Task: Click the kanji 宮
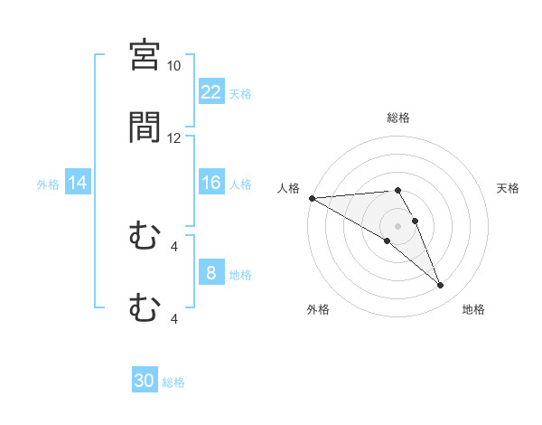pyautogui.click(x=145, y=55)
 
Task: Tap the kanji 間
pyautogui.click(x=145, y=127)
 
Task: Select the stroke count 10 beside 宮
pyautogui.click(x=173, y=66)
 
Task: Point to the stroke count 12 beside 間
pyautogui.click(x=173, y=138)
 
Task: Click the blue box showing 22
pyautogui.click(x=211, y=92)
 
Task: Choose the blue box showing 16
pyautogui.click(x=211, y=183)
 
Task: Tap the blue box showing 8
pyautogui.click(x=211, y=273)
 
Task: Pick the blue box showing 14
pyautogui.click(x=78, y=183)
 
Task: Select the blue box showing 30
pyautogui.click(x=145, y=382)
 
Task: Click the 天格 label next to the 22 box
pyautogui.click(x=240, y=93)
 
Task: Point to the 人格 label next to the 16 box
pyautogui.click(x=240, y=184)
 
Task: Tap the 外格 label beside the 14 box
pyautogui.click(x=48, y=184)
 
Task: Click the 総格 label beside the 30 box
pyautogui.click(x=173, y=382)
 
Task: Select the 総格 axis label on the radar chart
pyautogui.click(x=398, y=118)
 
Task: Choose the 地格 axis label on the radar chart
pyautogui.click(x=473, y=309)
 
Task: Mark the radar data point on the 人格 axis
pyautogui.click(x=312, y=198)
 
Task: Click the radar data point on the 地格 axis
pyautogui.click(x=441, y=286)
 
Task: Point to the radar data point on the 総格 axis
pyautogui.click(x=397, y=190)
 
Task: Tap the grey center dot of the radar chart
pyautogui.click(x=397, y=225)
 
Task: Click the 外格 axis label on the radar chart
pyautogui.click(x=318, y=309)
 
